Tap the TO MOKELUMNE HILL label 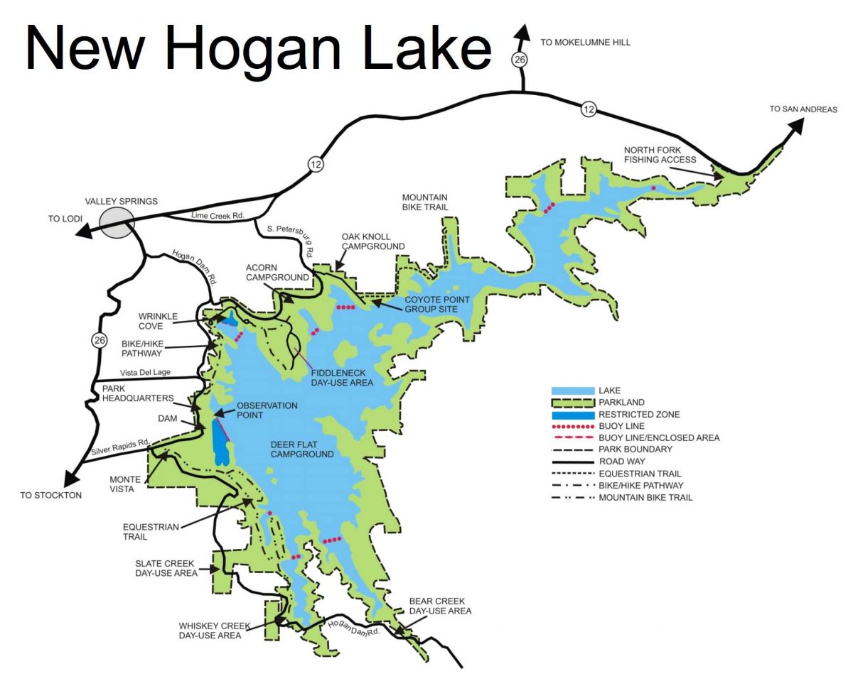click(x=585, y=43)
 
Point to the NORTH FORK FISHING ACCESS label click(x=660, y=155)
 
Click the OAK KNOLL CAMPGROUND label click(x=373, y=241)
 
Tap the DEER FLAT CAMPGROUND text click(x=302, y=450)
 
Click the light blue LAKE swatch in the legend click(x=572, y=391)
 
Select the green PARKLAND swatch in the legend click(x=572, y=403)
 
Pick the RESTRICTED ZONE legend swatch click(x=572, y=414)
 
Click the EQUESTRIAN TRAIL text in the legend click(x=640, y=474)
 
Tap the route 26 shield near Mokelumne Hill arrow click(x=520, y=60)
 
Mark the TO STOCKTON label click(x=51, y=495)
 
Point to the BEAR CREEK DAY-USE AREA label click(x=440, y=606)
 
